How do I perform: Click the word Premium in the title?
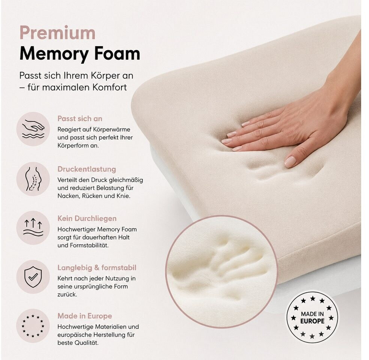point(57,33)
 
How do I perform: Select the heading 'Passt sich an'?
point(80,118)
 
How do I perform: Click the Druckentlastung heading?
point(87,169)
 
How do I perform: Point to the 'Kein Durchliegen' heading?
point(87,218)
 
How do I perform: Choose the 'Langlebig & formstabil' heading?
point(97,268)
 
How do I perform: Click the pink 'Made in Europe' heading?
point(85,316)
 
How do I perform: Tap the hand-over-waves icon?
point(33,129)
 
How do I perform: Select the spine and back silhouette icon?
point(33,179)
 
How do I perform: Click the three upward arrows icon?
point(33,227)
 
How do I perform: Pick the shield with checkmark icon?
point(33,277)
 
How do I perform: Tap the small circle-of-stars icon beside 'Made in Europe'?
point(33,326)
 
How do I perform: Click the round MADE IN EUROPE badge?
point(312,317)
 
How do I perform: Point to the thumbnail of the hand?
point(290,161)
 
